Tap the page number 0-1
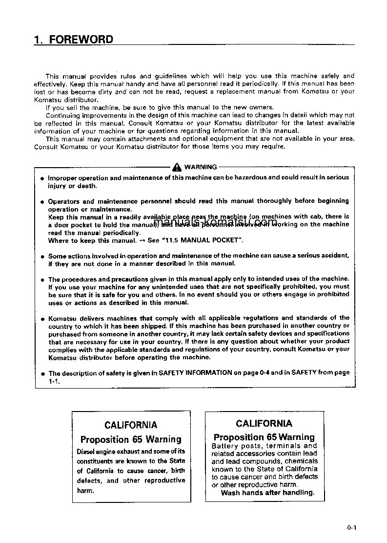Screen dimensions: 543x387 tap(352, 527)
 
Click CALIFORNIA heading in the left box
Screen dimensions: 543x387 tap(131, 425)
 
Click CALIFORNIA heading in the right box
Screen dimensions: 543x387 tap(264, 423)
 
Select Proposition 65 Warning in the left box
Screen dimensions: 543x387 tap(131, 439)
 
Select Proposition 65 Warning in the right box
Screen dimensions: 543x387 tap(264, 437)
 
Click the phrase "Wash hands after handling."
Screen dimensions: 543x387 tap(267, 493)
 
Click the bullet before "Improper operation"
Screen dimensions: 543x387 tap(42, 178)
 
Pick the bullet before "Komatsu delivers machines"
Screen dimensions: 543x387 tap(42, 318)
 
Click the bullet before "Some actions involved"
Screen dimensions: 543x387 tap(42, 256)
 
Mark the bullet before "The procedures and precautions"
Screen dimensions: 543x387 tap(42, 280)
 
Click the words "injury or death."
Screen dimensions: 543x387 tap(72, 186)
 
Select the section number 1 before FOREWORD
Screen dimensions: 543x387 tap(37, 39)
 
